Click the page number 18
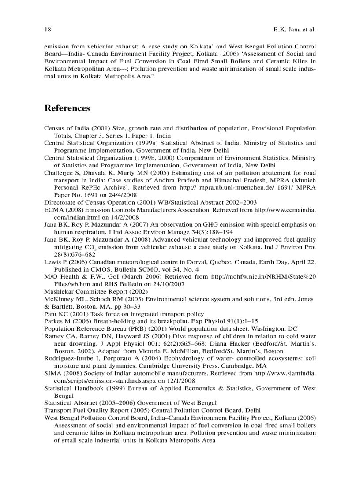click(47, 30)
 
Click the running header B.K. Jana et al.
click(292, 30)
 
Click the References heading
click(67, 108)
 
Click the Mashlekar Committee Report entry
click(96, 291)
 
